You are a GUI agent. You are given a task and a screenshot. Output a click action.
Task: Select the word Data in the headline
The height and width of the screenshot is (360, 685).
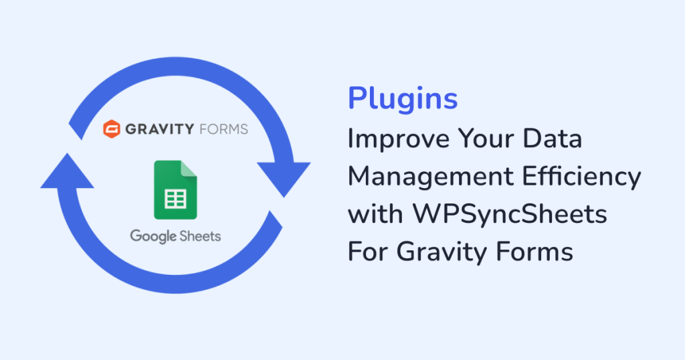[x=553, y=139]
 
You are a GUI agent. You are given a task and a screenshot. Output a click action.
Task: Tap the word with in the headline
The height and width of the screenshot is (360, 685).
[x=372, y=215]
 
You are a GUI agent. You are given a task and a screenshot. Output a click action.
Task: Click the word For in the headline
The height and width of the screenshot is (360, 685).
[x=367, y=252]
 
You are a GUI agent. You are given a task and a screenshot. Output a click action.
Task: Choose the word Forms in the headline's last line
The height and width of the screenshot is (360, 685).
[x=536, y=252]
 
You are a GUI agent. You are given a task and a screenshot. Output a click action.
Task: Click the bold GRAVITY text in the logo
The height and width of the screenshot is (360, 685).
[x=159, y=128]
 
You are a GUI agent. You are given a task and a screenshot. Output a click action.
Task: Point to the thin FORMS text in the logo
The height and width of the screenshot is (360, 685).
[x=223, y=128]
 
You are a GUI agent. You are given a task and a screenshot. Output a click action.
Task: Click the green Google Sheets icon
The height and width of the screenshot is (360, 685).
[x=175, y=189]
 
